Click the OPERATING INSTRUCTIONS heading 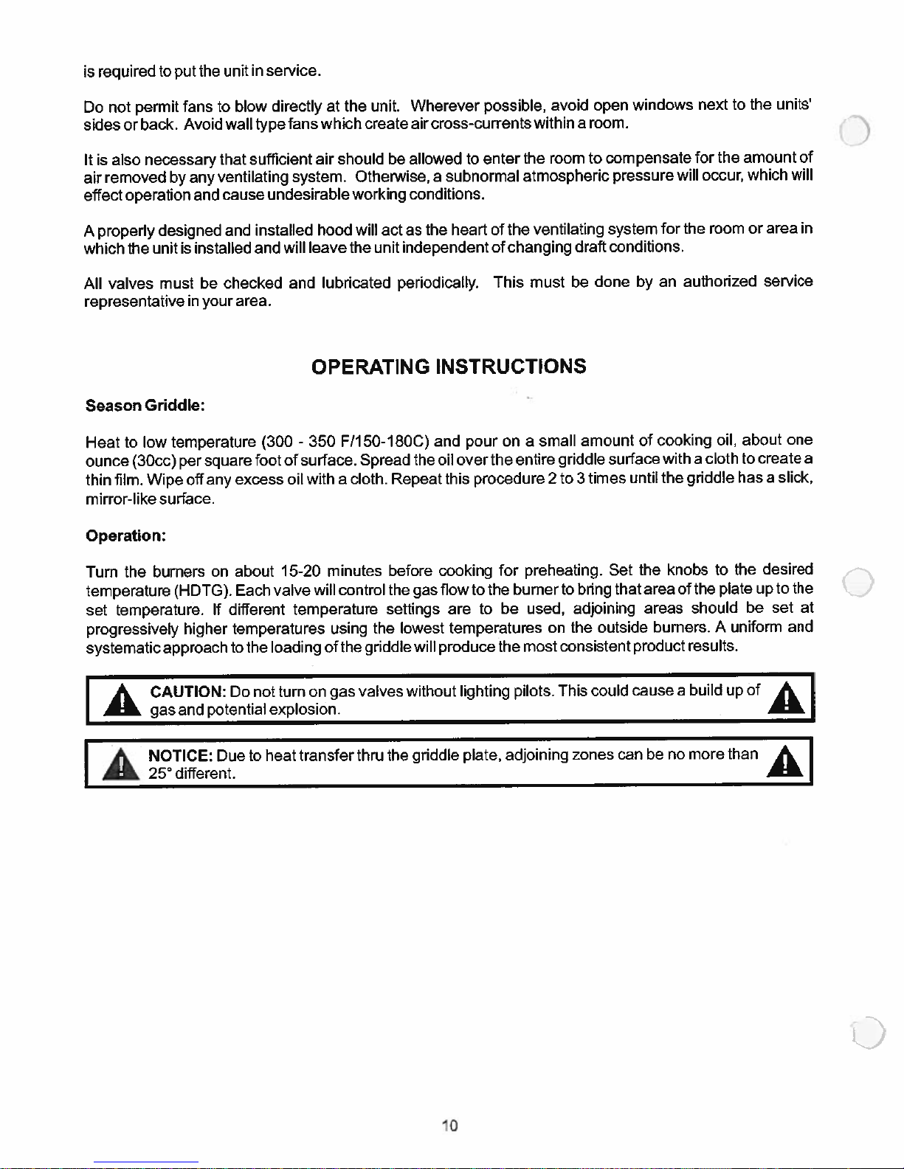click(449, 367)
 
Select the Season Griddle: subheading click(145, 406)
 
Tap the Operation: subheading click(125, 536)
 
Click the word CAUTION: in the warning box click(187, 692)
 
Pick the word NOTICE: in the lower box click(181, 756)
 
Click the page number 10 click(449, 1125)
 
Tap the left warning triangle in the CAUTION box click(121, 700)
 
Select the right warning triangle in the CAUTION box click(786, 697)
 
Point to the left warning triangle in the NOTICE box click(121, 764)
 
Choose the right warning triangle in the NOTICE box click(787, 761)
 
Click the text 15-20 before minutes click(300, 572)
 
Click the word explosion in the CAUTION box click(304, 710)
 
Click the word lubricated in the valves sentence click(356, 283)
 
